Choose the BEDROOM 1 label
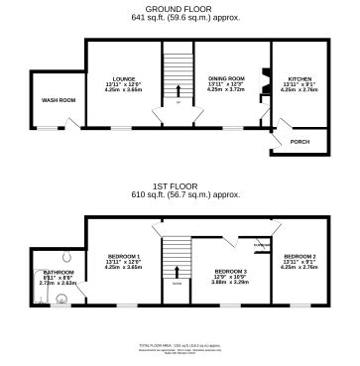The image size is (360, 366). (x=123, y=256)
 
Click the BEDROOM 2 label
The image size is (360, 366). (x=300, y=256)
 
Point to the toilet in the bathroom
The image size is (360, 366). (x=64, y=254)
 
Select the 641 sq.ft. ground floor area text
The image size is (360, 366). (x=180, y=19)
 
